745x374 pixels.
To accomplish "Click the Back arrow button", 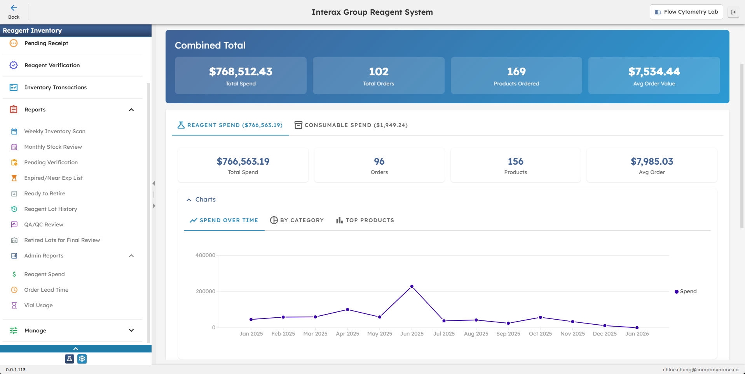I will click(14, 11).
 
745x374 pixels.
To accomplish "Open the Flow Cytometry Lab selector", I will click(686, 12).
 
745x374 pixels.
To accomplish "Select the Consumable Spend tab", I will click(351, 125).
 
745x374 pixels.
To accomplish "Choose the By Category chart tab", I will click(297, 220).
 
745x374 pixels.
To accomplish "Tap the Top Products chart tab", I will click(365, 220).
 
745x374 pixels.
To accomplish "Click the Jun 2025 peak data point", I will click(412, 286).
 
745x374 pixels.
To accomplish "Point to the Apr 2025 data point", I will click(347, 310).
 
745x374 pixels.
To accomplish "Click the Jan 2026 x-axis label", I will click(637, 334).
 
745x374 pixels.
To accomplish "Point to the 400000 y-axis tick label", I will click(205, 255).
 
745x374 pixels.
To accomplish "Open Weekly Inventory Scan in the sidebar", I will click(54, 131).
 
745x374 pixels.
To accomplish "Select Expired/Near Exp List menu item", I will click(53, 178).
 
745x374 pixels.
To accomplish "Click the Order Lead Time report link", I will click(46, 290).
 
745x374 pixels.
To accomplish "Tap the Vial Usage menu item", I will click(38, 305).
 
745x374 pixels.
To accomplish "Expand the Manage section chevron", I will click(131, 331).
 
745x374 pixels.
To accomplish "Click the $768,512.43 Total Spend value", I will click(241, 71).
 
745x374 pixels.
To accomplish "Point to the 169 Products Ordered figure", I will click(516, 71).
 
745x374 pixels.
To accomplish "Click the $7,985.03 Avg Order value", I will click(652, 161).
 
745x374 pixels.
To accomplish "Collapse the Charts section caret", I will click(189, 200).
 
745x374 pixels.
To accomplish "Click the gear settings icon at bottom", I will click(82, 359).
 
